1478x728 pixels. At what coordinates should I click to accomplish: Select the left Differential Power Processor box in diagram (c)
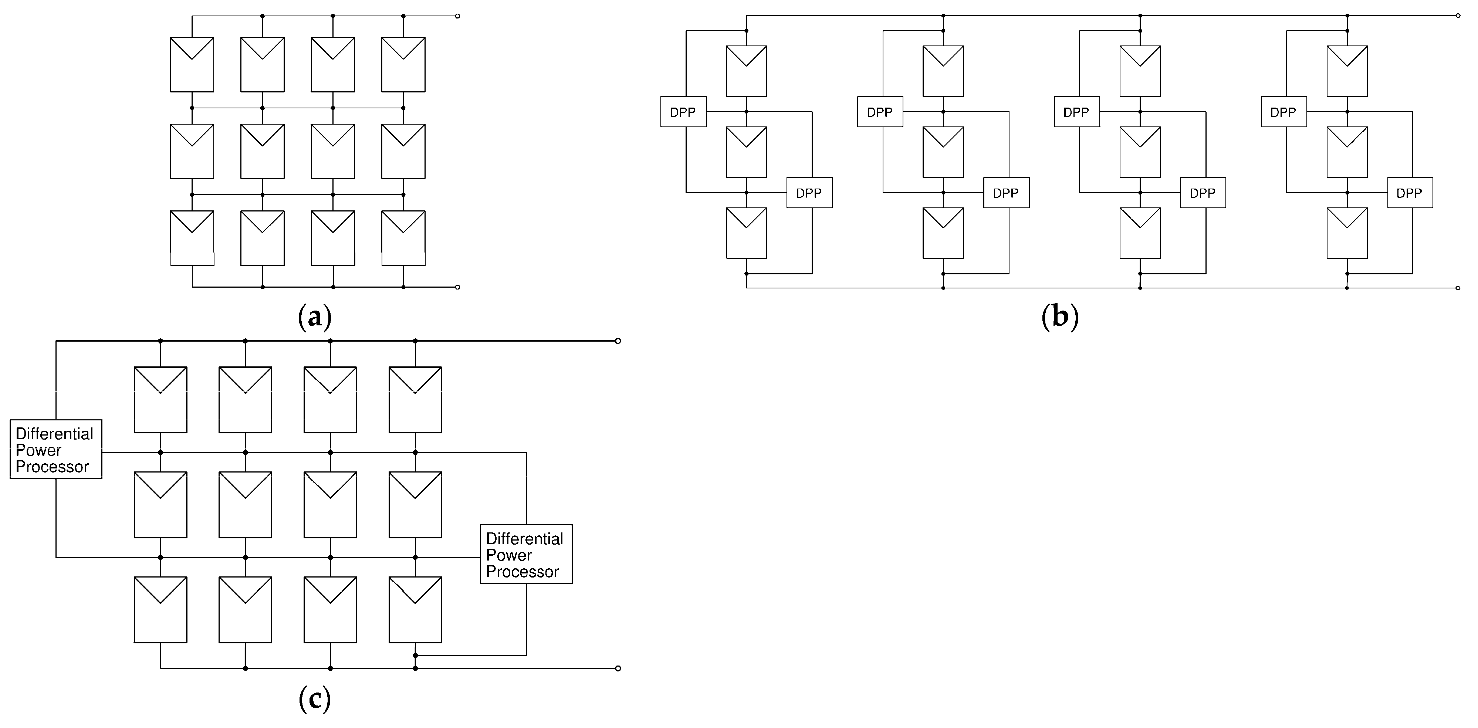click(x=56, y=449)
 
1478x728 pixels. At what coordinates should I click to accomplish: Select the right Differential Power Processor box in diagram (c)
click(x=525, y=554)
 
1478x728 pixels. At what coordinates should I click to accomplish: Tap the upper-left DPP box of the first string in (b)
click(x=683, y=112)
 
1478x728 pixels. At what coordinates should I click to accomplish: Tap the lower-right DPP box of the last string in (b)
click(x=1409, y=193)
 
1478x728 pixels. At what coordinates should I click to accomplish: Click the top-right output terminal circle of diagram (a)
click(x=457, y=16)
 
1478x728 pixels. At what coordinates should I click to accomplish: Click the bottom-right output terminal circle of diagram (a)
click(x=457, y=287)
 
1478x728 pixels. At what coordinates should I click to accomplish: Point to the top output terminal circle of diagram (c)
click(x=618, y=341)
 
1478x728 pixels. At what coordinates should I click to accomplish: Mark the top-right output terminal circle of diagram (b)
click(x=1458, y=16)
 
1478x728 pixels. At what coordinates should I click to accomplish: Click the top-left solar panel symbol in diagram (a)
click(x=192, y=64)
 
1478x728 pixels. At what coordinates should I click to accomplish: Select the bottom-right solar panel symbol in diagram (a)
click(x=403, y=238)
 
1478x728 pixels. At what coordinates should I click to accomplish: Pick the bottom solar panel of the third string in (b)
click(x=1140, y=233)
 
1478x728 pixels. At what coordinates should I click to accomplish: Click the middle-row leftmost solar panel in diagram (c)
click(x=160, y=504)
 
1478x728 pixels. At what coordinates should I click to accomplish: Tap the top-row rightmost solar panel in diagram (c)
click(x=415, y=399)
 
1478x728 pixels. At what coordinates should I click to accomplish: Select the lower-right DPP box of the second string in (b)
click(x=1006, y=193)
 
